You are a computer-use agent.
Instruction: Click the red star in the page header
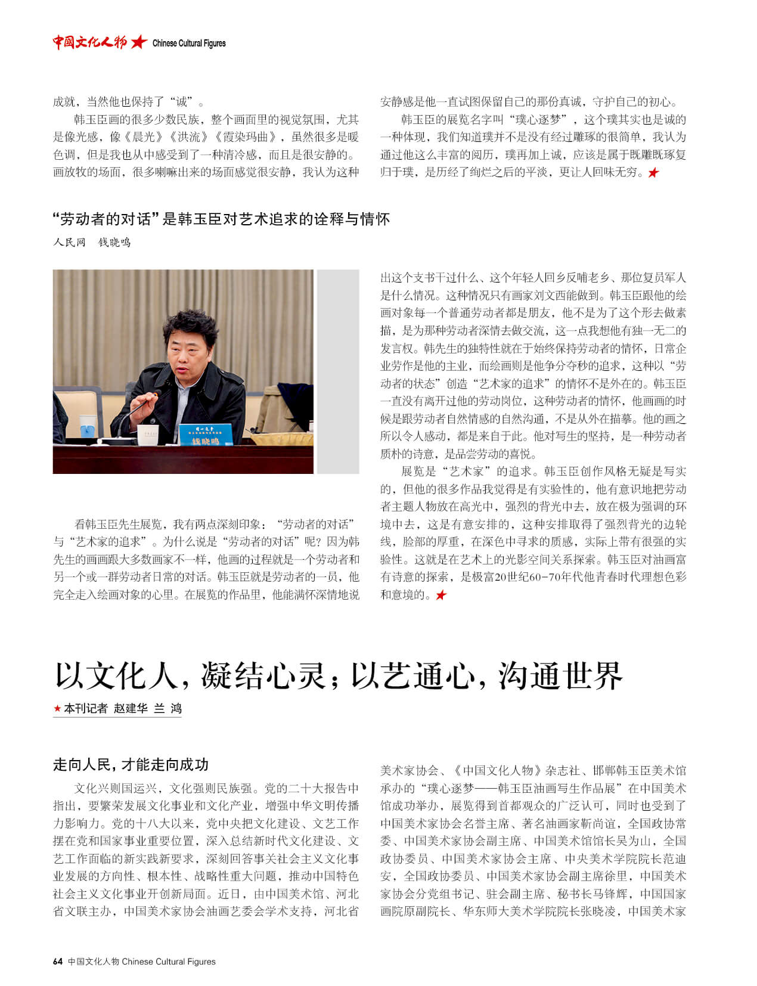click(138, 42)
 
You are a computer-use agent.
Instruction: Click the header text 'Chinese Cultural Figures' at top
click(189, 43)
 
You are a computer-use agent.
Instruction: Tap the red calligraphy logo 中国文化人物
click(89, 42)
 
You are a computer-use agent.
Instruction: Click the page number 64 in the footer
click(58, 961)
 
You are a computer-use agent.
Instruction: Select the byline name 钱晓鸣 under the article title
click(114, 242)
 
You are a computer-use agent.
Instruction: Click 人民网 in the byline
click(69, 242)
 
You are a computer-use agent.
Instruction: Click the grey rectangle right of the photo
click(337, 371)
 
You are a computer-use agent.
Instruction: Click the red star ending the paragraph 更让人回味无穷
click(653, 173)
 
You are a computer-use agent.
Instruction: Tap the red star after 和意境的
click(440, 595)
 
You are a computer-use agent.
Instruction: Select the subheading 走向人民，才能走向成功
click(131, 764)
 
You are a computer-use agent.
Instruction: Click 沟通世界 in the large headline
click(560, 676)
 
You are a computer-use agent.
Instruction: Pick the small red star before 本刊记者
click(57, 708)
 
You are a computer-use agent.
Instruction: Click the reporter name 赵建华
click(131, 708)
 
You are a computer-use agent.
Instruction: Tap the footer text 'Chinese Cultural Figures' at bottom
click(169, 961)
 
